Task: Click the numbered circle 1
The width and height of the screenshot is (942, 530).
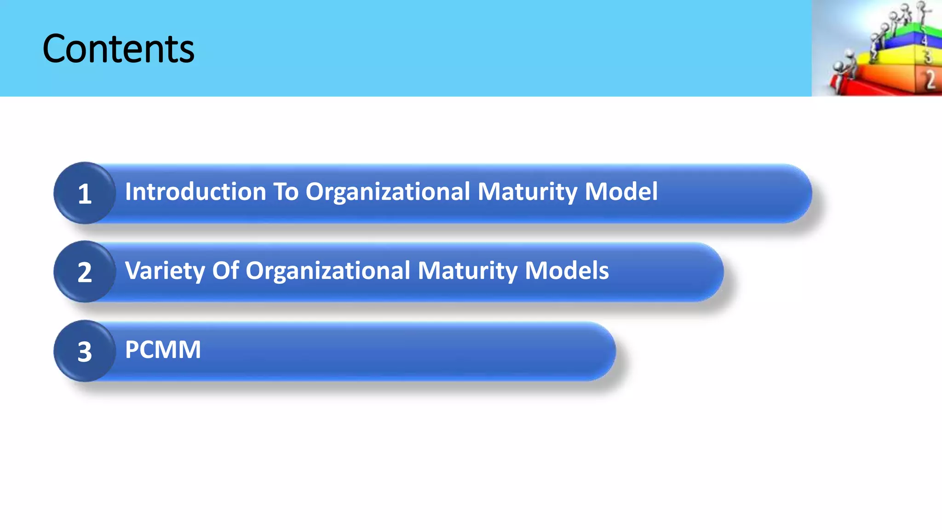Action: click(x=84, y=193)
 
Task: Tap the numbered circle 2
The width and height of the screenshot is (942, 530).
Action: click(x=84, y=272)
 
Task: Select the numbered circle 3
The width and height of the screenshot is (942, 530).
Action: click(x=84, y=351)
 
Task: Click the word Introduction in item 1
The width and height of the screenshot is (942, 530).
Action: click(x=195, y=191)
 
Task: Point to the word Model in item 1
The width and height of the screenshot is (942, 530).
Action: click(x=621, y=191)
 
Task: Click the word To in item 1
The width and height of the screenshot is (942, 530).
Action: click(x=286, y=191)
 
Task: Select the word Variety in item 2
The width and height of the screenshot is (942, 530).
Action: click(x=164, y=271)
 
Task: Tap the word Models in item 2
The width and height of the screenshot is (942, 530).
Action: click(x=567, y=271)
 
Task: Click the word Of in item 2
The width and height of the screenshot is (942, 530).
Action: click(x=225, y=271)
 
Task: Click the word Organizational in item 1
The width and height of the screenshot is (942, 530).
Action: click(x=388, y=191)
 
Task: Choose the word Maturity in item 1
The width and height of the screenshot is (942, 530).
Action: click(x=527, y=191)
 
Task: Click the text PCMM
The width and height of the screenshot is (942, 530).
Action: click(x=163, y=350)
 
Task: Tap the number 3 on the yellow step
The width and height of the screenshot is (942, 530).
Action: click(x=927, y=57)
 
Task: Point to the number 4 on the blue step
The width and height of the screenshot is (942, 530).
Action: click(x=924, y=40)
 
